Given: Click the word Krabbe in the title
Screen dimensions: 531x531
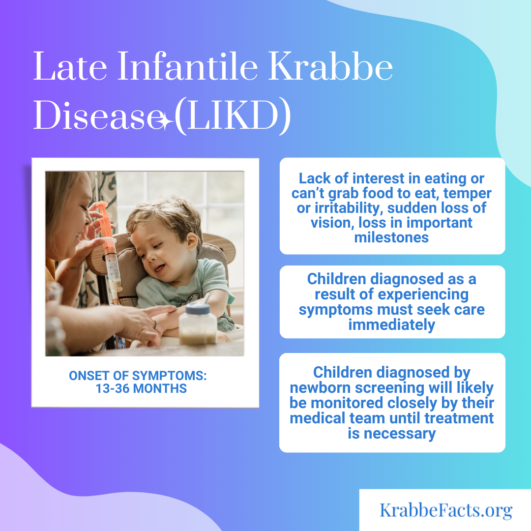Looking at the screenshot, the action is tap(330, 66).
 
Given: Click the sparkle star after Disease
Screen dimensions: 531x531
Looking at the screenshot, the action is tap(166, 121).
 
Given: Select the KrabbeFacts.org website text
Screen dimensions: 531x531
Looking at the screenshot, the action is tap(445, 511).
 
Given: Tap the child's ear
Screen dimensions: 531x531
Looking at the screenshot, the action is tap(192, 240).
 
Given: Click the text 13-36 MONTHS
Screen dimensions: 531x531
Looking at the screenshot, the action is tap(141, 388).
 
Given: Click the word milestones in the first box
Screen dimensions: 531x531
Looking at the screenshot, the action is tap(391, 237).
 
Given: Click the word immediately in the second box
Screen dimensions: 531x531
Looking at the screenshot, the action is tap(392, 325).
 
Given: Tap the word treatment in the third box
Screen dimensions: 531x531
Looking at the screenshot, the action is tap(459, 418).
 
